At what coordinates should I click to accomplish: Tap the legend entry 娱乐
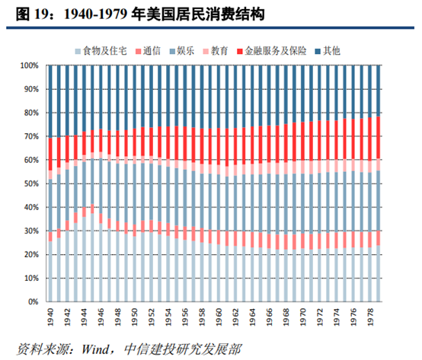187,51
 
